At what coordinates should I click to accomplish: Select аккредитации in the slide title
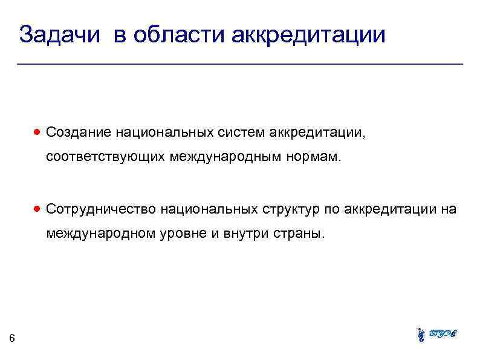click(308, 34)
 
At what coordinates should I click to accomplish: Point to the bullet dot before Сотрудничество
click(37, 209)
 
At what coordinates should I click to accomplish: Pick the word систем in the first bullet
click(238, 133)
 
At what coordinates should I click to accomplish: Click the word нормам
click(317, 158)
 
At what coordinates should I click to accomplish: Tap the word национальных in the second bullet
click(209, 209)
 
